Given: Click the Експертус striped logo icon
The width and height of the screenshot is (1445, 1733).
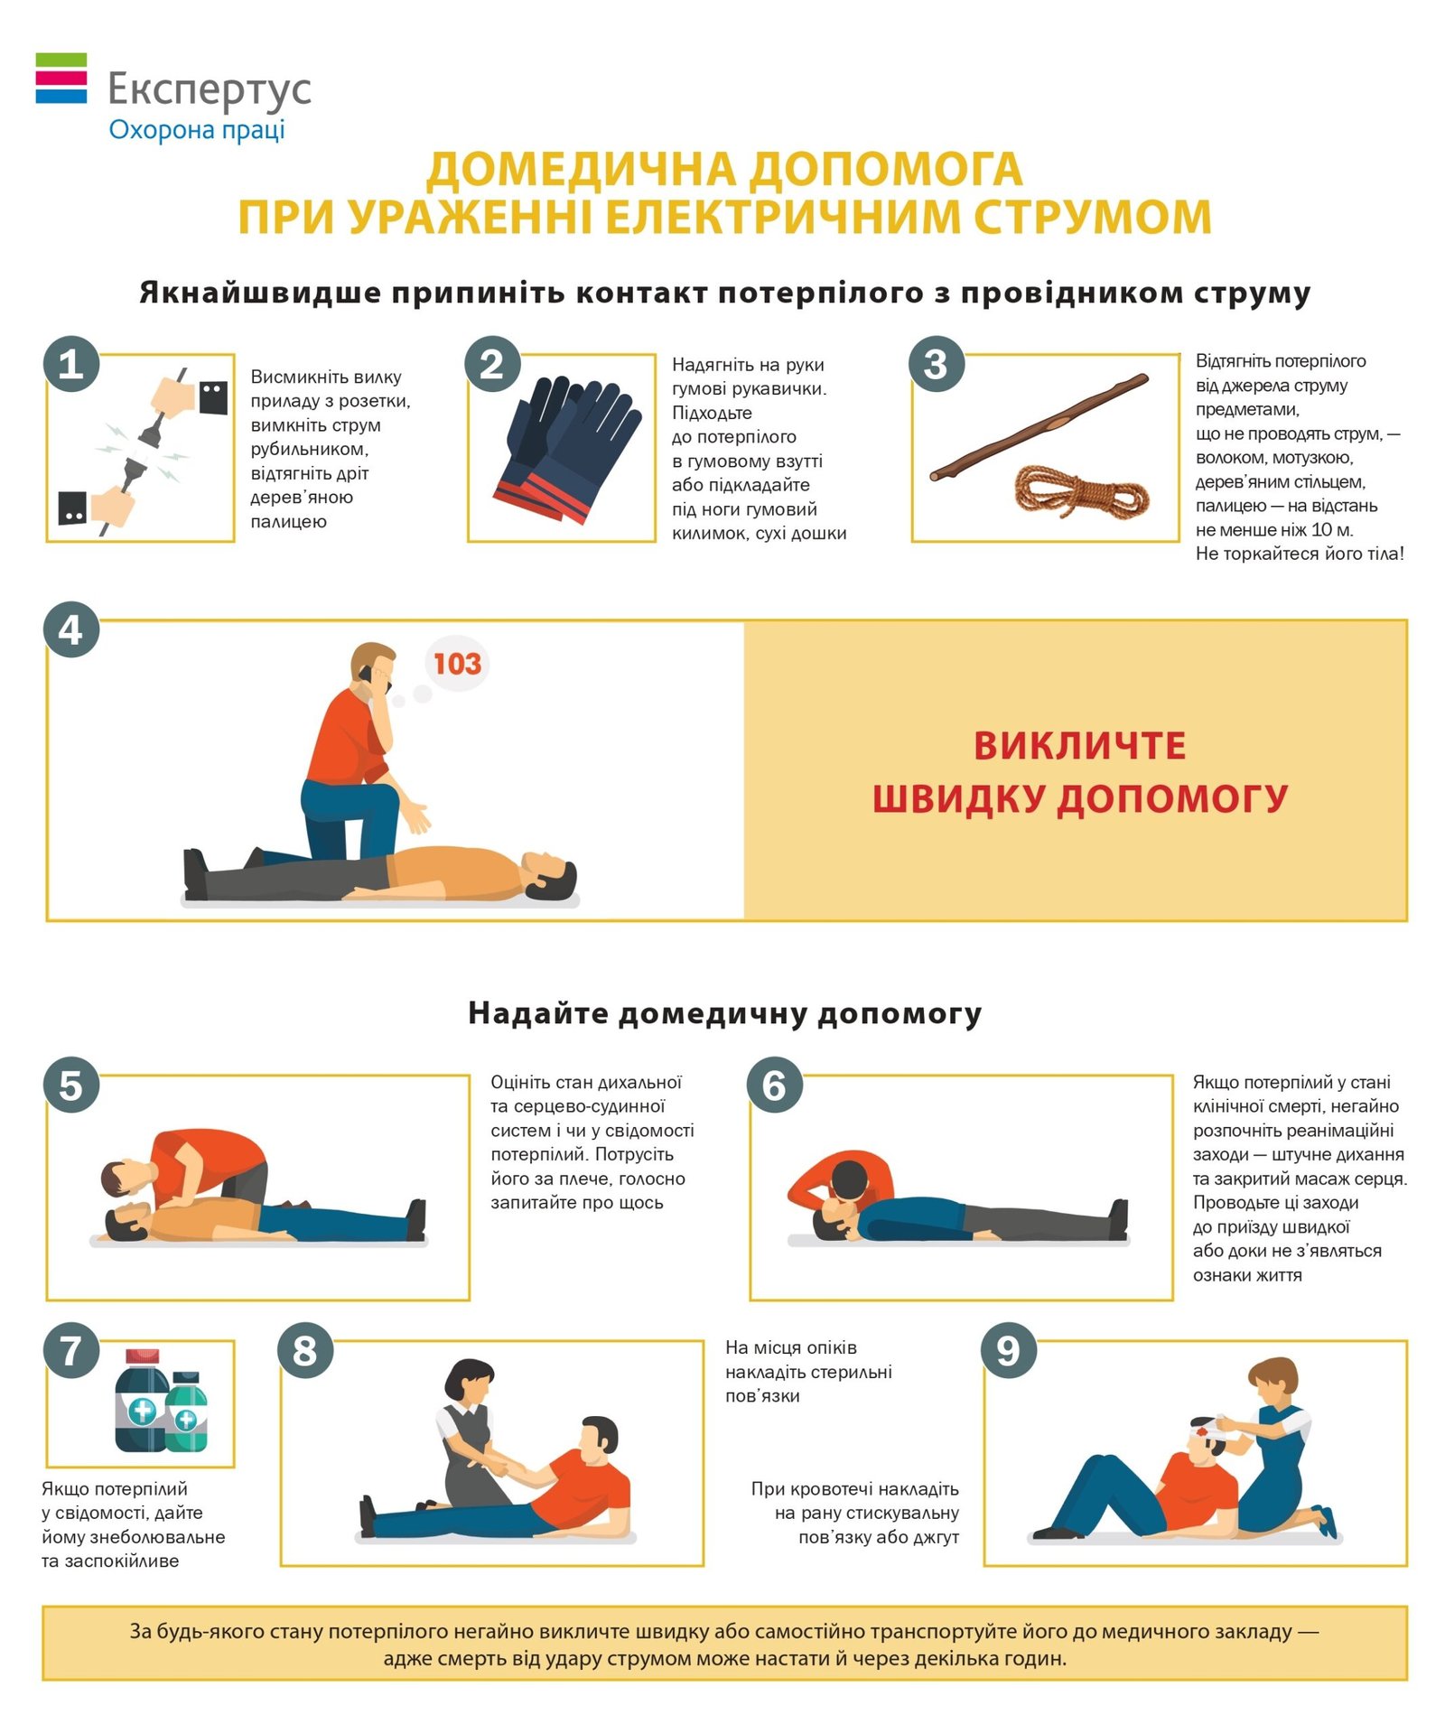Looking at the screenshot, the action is (61, 78).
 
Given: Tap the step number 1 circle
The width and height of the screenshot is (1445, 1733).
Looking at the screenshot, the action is (71, 364).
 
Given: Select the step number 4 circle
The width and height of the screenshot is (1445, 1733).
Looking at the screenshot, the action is (71, 629).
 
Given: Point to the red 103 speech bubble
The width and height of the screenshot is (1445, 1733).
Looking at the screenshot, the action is (457, 665).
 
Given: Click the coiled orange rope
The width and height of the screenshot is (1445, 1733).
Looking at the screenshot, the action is (1081, 491).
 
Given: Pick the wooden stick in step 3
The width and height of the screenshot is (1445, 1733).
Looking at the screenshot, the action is (1039, 426).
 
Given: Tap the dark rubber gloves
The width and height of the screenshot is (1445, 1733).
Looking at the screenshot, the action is (566, 449).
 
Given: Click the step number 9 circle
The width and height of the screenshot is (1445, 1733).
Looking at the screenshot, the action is (1009, 1350).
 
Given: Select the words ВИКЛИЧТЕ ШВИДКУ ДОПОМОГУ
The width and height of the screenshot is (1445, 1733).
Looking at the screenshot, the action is (1080, 772).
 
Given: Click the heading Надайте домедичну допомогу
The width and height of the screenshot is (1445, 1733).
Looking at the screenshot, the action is (724, 1013).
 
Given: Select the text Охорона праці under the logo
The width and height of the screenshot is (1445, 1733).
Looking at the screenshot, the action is (197, 130).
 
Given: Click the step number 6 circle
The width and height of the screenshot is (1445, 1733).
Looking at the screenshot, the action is (775, 1085).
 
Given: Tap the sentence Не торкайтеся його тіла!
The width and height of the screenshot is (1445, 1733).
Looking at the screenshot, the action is (1300, 554).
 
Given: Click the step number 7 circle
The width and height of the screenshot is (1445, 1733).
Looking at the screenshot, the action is (71, 1350).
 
